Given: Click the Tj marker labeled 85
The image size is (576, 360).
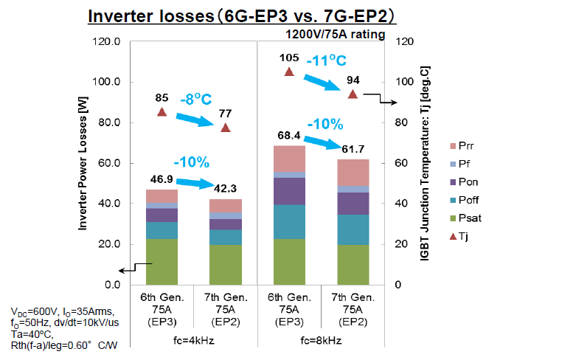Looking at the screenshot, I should pos(162,112).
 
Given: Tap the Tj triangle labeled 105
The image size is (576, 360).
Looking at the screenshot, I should pos(289,72).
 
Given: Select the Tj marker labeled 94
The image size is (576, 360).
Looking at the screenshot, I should pos(353,94).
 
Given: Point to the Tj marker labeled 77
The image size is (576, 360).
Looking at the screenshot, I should pos(226,128).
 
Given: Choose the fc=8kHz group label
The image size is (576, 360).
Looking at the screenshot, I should pos(321,341).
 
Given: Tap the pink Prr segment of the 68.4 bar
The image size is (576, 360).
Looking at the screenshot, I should pos(289,159).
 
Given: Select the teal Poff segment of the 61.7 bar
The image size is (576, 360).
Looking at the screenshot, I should pos(353,229).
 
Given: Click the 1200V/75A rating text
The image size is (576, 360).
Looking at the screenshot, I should pos(334,34).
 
